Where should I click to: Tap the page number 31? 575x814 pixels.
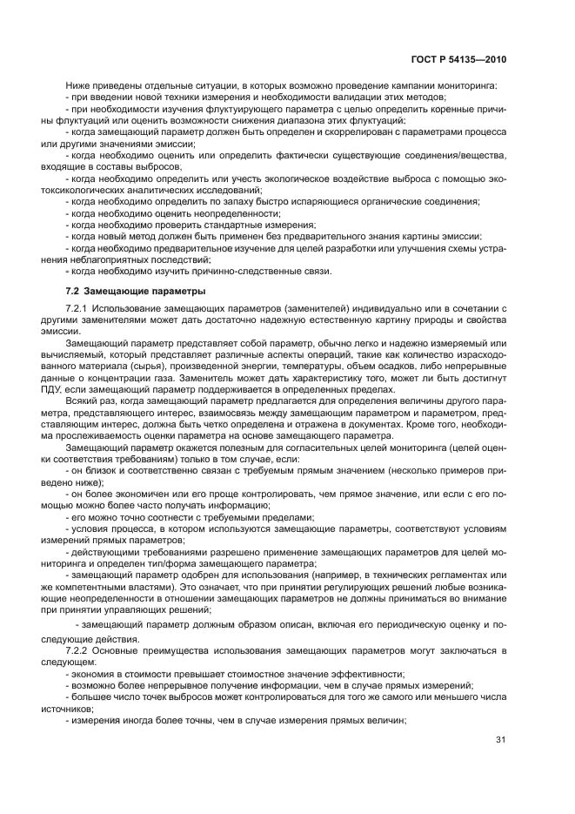coord(500,740)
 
